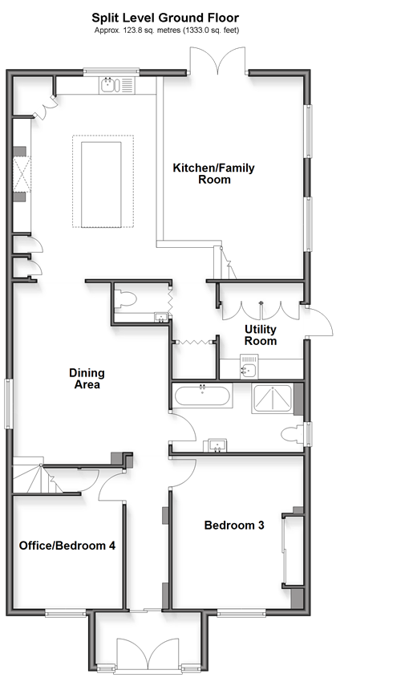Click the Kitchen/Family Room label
(x=213, y=173)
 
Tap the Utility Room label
(x=260, y=335)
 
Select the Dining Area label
(x=87, y=379)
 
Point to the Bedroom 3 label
(x=234, y=526)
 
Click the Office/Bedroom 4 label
(x=67, y=546)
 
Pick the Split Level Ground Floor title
(x=165, y=18)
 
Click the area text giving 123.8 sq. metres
(x=167, y=30)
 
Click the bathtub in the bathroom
(x=202, y=396)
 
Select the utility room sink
(x=249, y=366)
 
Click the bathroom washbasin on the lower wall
(x=216, y=445)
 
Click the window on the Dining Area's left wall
(x=9, y=404)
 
